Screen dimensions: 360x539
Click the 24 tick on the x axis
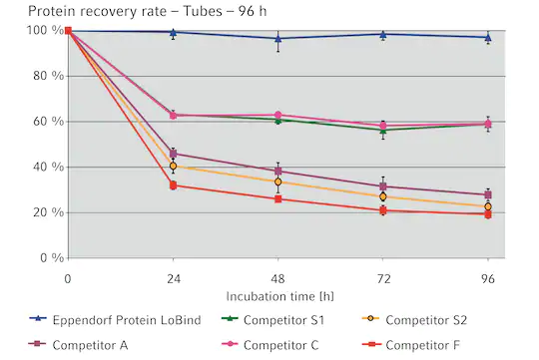pyautogui.click(x=173, y=276)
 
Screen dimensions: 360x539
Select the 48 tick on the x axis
pyautogui.click(x=277, y=276)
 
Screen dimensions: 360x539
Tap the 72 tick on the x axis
pyautogui.click(x=382, y=276)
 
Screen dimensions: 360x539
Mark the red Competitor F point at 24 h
pyautogui.click(x=173, y=185)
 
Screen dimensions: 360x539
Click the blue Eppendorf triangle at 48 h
pyautogui.click(x=277, y=39)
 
